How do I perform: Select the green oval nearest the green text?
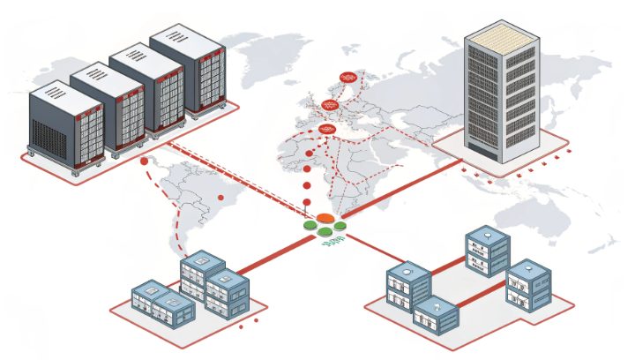click(326, 232)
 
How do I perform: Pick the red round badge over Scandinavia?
click(347, 79)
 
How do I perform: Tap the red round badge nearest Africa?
click(326, 130)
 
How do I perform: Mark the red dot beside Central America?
click(144, 161)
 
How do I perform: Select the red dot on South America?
click(219, 198)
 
